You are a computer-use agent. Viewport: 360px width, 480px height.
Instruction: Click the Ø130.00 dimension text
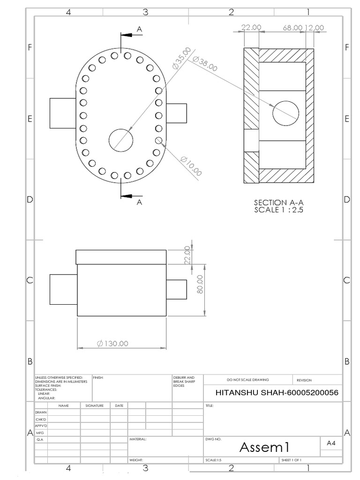coord(112,344)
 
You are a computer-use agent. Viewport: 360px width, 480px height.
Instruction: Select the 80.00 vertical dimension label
coord(200,284)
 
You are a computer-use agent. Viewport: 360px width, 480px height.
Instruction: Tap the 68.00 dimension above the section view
coord(292,28)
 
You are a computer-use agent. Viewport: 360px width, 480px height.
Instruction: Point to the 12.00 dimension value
coord(315,28)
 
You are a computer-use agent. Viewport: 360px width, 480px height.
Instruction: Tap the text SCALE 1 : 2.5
coord(279,210)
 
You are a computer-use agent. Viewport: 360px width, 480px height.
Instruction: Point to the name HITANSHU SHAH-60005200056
coord(276,392)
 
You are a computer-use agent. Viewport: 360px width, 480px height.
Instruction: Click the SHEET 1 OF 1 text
coord(291,460)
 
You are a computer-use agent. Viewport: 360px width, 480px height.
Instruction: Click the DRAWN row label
coord(41,412)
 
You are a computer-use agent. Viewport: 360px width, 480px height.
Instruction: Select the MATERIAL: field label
coord(138,440)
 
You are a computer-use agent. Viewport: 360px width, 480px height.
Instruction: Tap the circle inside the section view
coord(285,113)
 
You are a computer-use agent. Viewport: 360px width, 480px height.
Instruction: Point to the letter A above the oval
coord(139,29)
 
